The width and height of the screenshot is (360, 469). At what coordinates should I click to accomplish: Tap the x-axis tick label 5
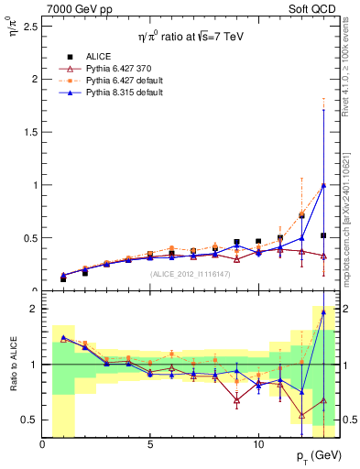[150, 444]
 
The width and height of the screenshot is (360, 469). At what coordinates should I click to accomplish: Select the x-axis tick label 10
[257, 444]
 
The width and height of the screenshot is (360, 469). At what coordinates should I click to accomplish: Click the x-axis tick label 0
[42, 444]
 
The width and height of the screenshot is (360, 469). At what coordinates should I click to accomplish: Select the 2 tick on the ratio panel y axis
[34, 310]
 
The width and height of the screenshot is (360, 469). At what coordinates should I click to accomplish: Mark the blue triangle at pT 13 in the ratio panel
[322, 312]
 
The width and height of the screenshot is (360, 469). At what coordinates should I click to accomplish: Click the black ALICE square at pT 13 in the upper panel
[322, 235]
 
